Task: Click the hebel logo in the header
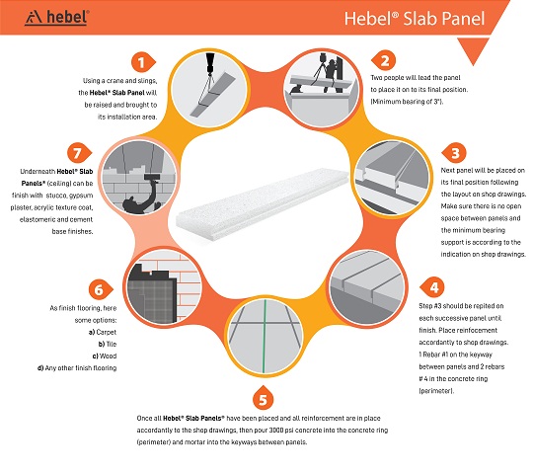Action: click(x=57, y=18)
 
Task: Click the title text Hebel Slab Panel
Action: click(x=415, y=19)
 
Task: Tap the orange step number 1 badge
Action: click(x=143, y=62)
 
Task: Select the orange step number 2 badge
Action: click(x=383, y=60)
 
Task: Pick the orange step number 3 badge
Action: click(x=454, y=153)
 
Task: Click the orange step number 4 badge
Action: click(x=432, y=287)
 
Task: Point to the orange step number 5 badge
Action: click(x=264, y=398)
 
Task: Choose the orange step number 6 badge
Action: click(x=100, y=290)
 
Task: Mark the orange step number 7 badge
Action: click(x=79, y=153)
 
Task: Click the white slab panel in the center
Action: click(x=263, y=204)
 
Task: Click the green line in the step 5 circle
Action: click(x=265, y=337)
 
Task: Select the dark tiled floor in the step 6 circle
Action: click(x=152, y=300)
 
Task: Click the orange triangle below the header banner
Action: click(x=473, y=49)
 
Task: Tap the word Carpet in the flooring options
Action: click(x=106, y=332)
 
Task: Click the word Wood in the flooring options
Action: click(x=109, y=356)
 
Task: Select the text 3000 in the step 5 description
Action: click(x=276, y=431)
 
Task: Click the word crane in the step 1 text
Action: click(x=116, y=81)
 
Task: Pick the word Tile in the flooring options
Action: click(x=112, y=344)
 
